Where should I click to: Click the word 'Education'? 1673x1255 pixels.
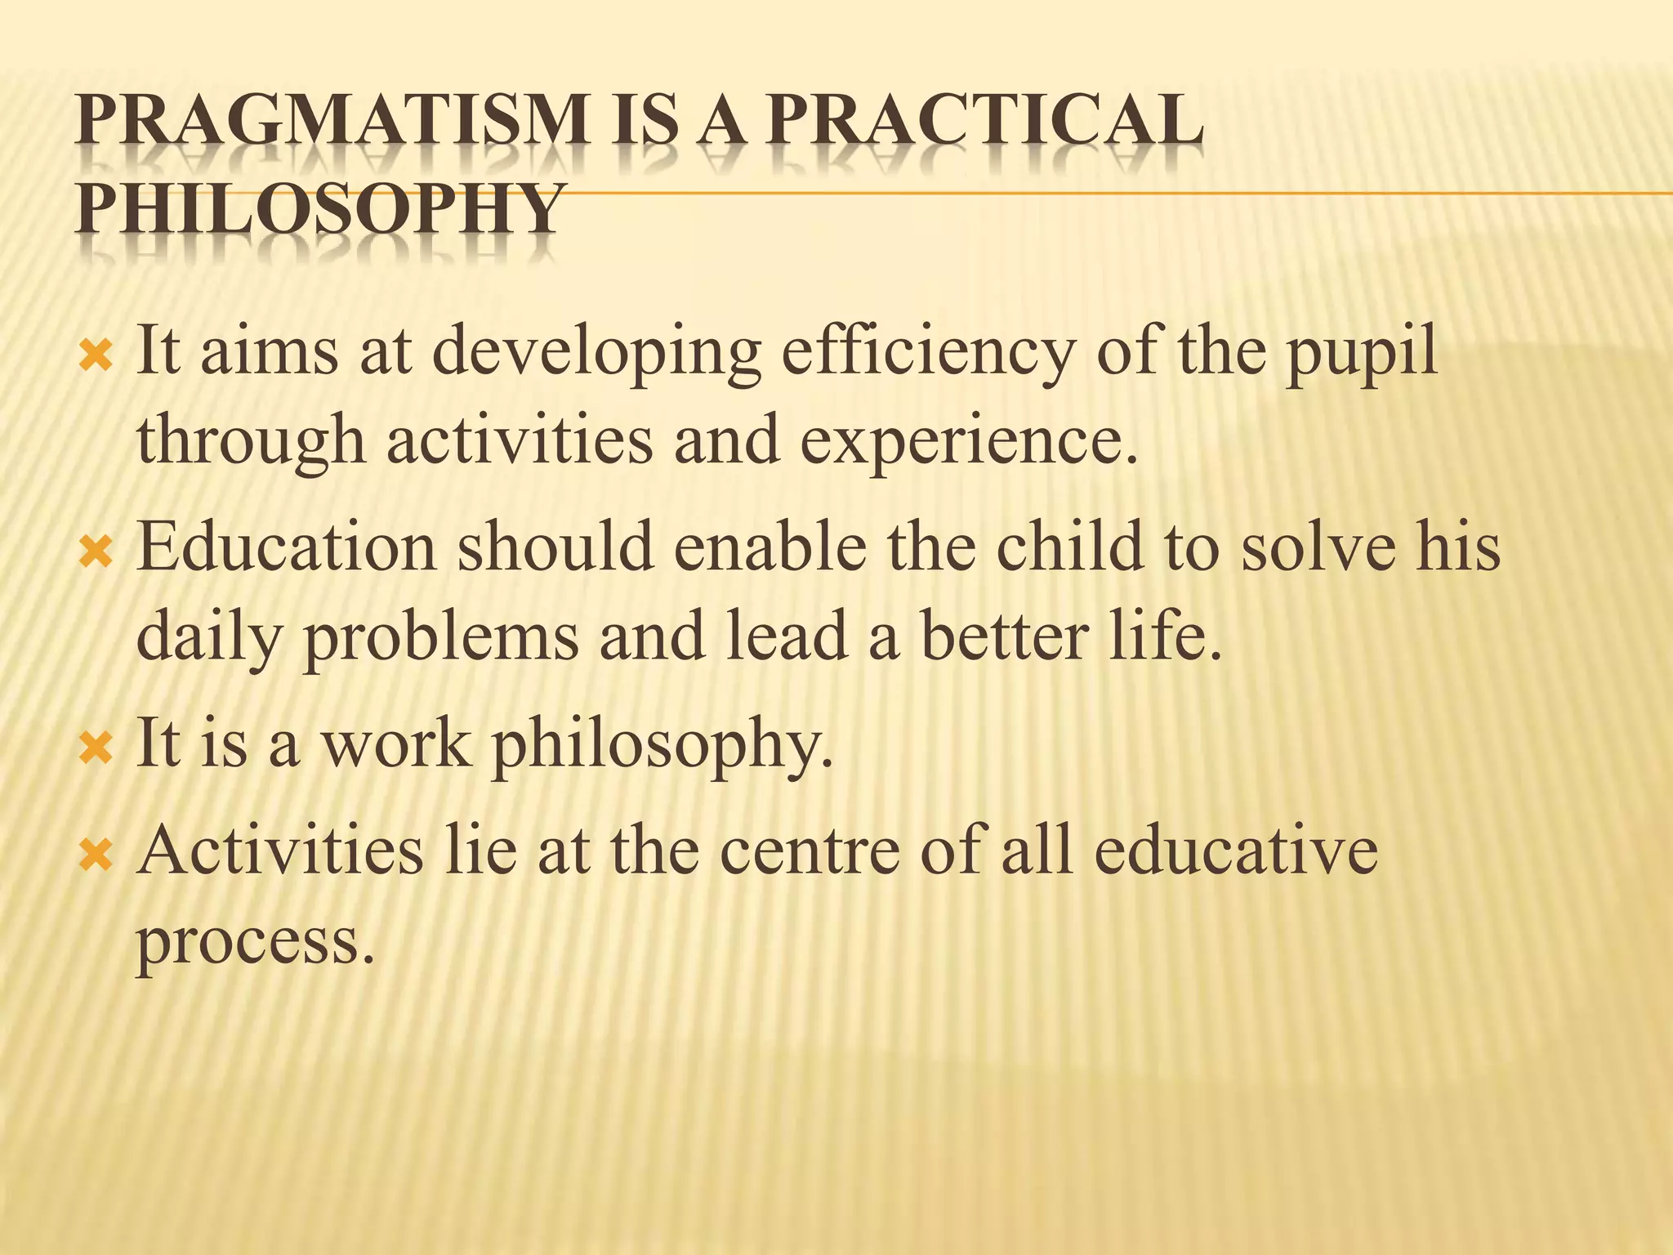pos(287,547)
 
